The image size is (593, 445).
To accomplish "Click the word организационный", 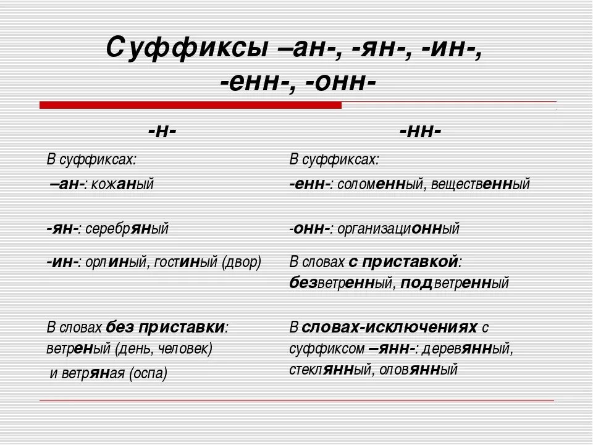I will tap(398, 229).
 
